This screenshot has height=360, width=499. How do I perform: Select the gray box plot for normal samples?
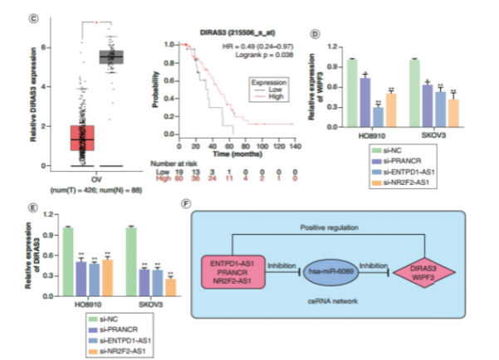pyautogui.click(x=111, y=56)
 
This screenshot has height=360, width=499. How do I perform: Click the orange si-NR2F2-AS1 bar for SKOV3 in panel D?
pyautogui.click(x=453, y=110)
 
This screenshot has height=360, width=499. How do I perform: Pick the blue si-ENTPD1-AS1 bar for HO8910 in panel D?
pyautogui.click(x=379, y=114)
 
